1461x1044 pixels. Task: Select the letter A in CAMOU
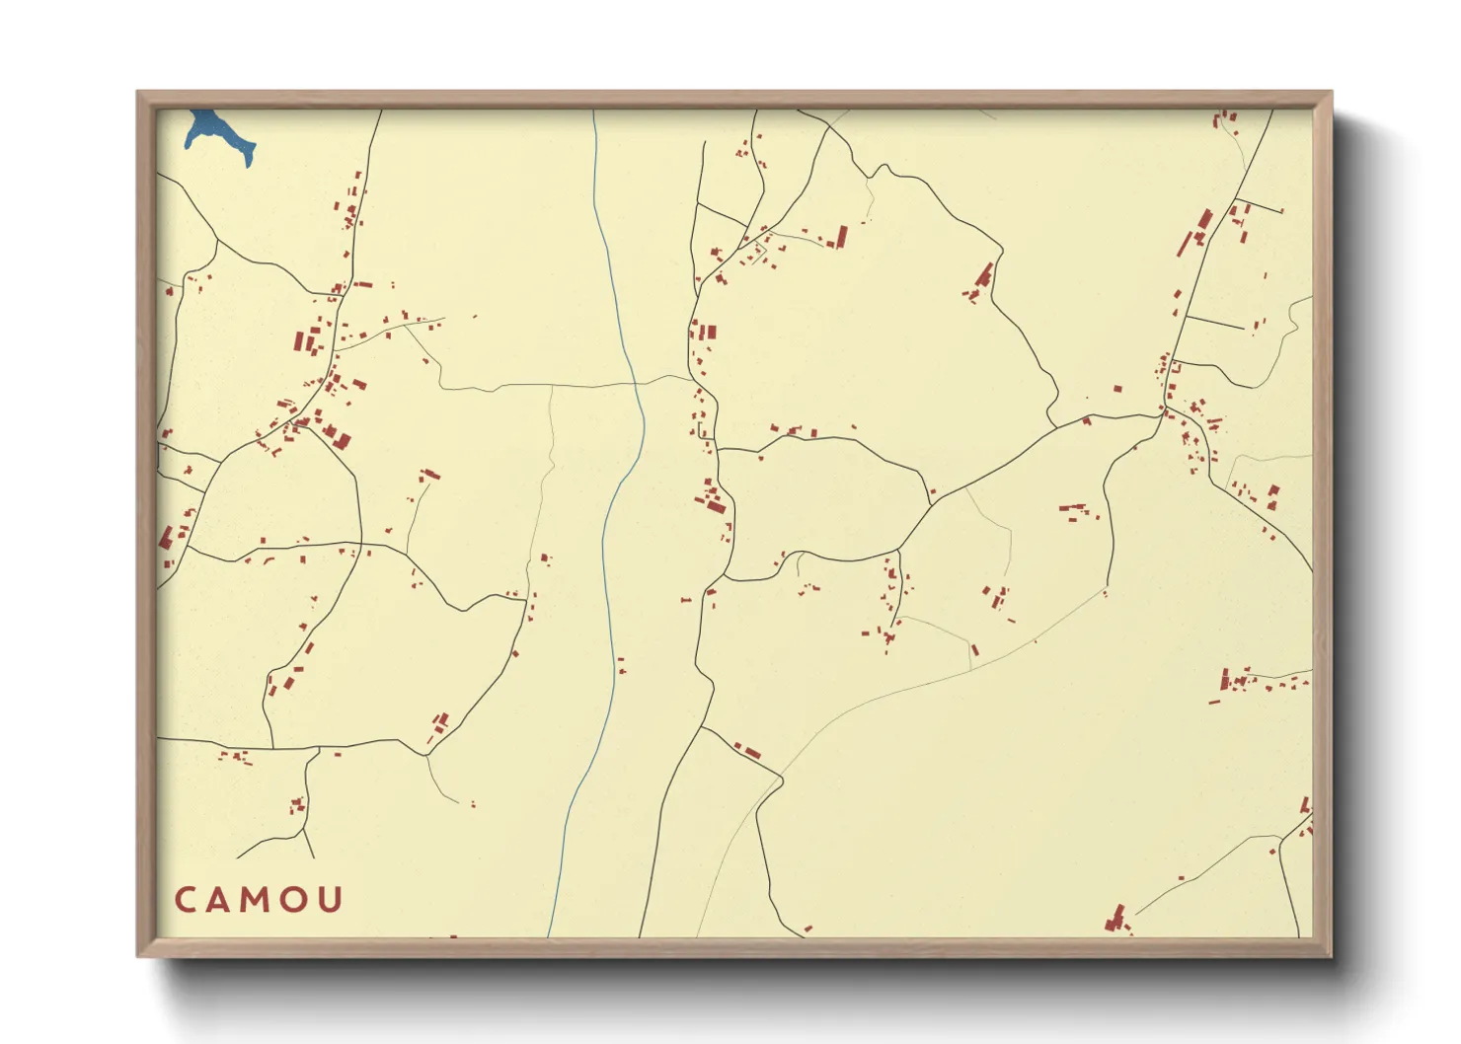pyautogui.click(x=220, y=900)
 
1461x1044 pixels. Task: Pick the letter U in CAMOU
pyautogui.click(x=331, y=900)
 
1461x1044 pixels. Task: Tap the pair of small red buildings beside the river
pyautogui.click(x=621, y=666)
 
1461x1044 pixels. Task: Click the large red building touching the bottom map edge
pyautogui.click(x=1116, y=921)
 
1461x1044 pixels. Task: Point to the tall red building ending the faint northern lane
pyautogui.click(x=842, y=237)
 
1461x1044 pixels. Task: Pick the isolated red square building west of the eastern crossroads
pyautogui.click(x=1117, y=390)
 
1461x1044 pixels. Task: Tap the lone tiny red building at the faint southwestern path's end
pyautogui.click(x=473, y=805)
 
